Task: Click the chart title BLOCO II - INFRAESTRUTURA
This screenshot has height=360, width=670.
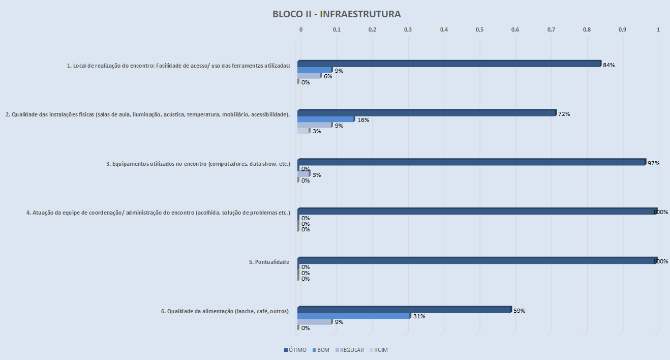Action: tap(337, 14)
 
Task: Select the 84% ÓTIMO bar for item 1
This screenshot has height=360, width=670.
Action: tap(449, 64)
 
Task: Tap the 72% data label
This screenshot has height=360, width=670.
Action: tap(564, 114)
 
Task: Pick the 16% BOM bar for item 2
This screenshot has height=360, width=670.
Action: tap(326, 119)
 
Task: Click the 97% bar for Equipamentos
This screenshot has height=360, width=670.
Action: tap(471, 162)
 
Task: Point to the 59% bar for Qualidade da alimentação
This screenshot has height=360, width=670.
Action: tap(404, 310)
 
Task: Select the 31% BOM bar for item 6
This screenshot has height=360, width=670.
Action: tap(353, 316)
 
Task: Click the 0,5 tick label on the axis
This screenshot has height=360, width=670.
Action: tap(479, 29)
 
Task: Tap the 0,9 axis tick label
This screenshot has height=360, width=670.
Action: tap(622, 29)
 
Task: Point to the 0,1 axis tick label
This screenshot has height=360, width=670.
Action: tap(337, 29)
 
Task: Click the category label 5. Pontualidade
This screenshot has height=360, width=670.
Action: tap(269, 262)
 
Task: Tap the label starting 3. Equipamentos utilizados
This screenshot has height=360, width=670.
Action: tap(198, 164)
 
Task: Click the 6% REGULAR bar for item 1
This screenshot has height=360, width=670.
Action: tap(309, 76)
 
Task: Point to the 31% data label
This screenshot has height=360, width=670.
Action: tap(419, 316)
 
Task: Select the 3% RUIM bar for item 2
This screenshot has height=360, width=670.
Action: tap(303, 131)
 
